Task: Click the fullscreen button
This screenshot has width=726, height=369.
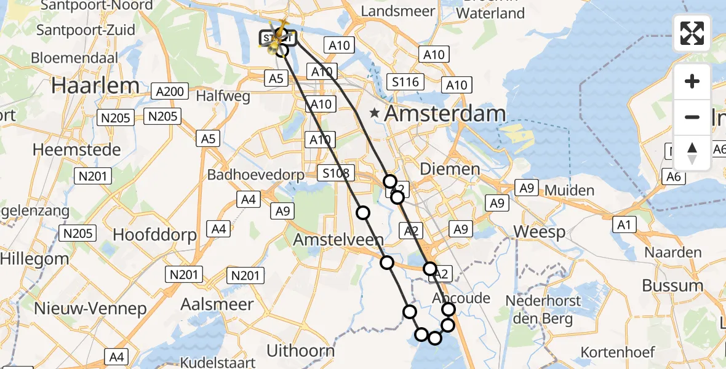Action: point(692,33)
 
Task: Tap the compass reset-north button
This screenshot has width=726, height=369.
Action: point(692,153)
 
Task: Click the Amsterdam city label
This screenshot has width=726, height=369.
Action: point(445,114)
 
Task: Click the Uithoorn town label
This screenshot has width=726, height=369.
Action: point(301,351)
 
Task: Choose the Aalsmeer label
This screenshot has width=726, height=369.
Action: point(217,304)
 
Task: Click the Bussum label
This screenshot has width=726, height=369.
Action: point(672,285)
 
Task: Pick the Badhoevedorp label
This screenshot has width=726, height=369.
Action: point(256,175)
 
